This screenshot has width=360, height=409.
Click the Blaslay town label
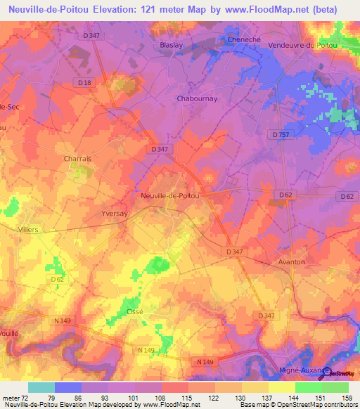pyautogui.click(x=164, y=44)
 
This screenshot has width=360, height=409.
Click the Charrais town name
pyautogui.click(x=77, y=159)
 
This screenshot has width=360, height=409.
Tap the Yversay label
pyautogui.click(x=114, y=216)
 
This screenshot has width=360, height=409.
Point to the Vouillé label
pyautogui.click(x=11, y=335)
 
